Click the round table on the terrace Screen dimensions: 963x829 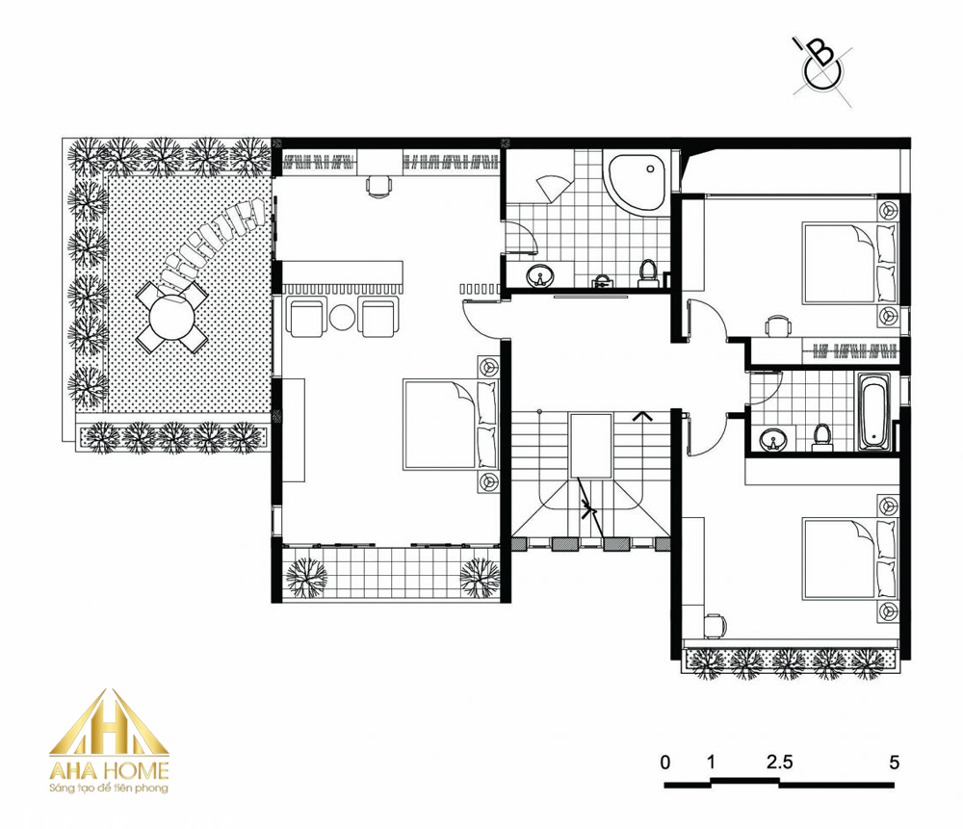click(172, 317)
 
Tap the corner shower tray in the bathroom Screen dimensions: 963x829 click(637, 181)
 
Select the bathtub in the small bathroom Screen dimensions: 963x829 click(872, 411)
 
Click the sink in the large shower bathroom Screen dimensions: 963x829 click(540, 277)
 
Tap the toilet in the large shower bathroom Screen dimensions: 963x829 click(647, 273)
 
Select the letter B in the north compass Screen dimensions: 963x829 click(821, 53)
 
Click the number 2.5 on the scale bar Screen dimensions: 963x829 click(779, 762)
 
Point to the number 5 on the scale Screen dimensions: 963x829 click(895, 762)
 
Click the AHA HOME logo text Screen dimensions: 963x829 click(109, 770)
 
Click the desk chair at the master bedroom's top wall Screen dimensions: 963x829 click(378, 185)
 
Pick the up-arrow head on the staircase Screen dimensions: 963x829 click(642, 416)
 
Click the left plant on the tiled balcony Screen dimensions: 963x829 click(306, 577)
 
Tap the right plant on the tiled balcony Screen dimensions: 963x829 click(480, 577)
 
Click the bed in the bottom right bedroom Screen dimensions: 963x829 click(850, 559)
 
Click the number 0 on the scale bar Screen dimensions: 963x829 click(665, 763)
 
